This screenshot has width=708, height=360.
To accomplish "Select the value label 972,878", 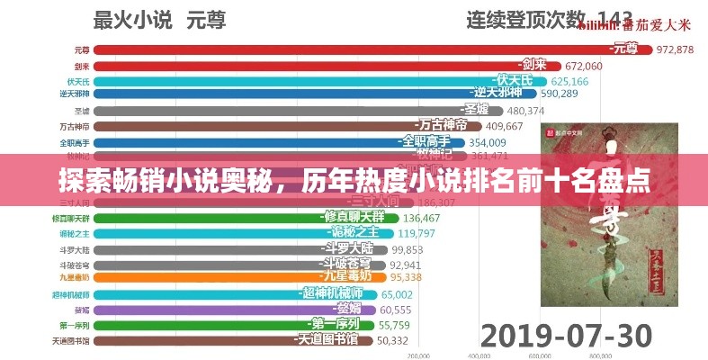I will click(674, 49).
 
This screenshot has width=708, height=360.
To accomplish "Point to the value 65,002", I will click(397, 294).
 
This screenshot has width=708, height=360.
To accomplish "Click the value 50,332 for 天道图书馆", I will click(392, 340).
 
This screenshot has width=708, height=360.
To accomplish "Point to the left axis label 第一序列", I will click(74, 325).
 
